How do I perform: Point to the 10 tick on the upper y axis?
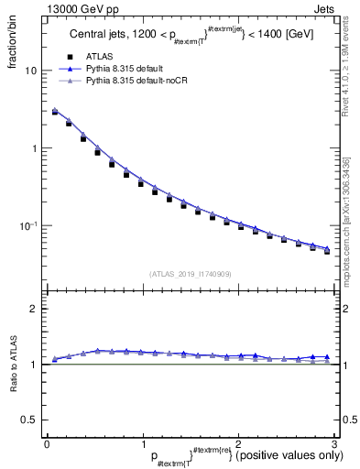(30, 71)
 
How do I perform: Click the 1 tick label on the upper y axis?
(33, 148)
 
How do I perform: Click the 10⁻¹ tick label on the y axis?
(28, 225)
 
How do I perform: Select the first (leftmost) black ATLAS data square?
(55, 112)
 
